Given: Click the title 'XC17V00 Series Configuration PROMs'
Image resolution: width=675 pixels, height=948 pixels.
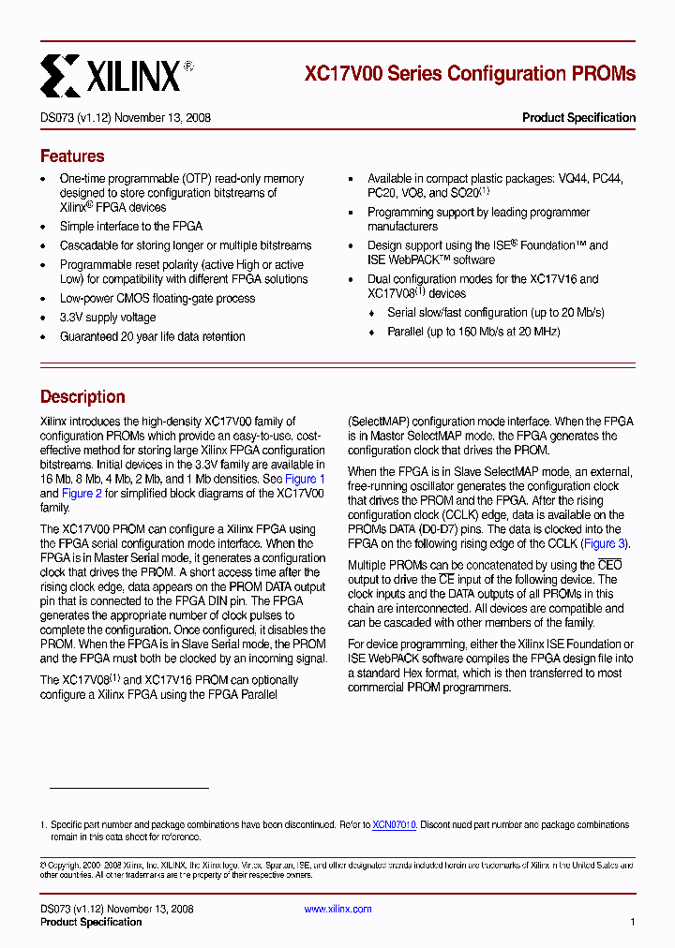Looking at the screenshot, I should [x=470, y=73].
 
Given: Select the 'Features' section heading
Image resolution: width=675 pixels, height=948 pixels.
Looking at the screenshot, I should [x=72, y=156].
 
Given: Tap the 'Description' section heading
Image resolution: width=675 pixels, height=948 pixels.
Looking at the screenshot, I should [x=82, y=397].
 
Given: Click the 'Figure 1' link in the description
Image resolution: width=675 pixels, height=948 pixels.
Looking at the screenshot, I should [x=305, y=479].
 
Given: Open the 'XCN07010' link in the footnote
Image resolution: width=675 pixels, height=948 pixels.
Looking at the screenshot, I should [x=394, y=825].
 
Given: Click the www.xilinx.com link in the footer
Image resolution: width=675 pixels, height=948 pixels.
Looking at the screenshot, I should [x=337, y=909].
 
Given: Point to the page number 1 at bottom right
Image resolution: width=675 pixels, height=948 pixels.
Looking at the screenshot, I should [x=633, y=922].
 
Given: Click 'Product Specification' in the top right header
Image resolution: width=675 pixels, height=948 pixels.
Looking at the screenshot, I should [x=578, y=118].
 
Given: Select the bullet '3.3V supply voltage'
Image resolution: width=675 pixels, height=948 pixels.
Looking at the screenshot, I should [x=108, y=318].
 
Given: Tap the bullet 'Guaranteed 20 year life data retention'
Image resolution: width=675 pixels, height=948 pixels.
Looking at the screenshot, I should [x=152, y=336].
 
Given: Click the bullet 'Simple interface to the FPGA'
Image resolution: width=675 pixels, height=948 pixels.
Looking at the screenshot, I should [x=130, y=226].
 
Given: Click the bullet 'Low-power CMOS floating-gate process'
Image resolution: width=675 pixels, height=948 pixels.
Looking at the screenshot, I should [x=157, y=298].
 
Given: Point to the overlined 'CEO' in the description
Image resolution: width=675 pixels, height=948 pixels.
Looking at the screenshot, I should [x=609, y=565].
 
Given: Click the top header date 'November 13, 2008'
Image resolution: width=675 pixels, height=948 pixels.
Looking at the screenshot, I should [x=165, y=118].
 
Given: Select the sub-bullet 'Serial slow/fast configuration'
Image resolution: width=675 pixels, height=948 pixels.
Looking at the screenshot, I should [x=495, y=312].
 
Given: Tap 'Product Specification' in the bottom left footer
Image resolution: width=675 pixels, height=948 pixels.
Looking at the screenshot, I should [x=91, y=922].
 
